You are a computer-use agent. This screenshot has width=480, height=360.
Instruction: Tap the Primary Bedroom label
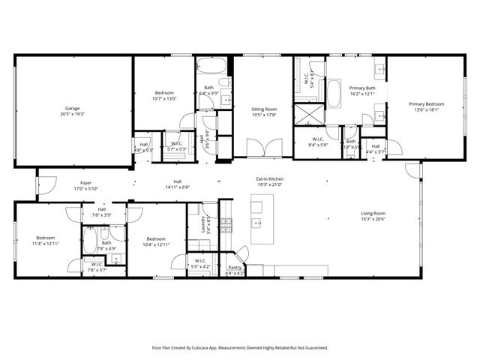426,104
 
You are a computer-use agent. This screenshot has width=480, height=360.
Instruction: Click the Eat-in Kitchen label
269,179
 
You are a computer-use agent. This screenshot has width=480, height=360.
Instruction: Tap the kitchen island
262,220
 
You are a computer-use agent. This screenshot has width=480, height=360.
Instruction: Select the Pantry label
235,267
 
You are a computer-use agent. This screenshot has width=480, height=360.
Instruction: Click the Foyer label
86,183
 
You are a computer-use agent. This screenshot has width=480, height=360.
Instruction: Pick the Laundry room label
202,223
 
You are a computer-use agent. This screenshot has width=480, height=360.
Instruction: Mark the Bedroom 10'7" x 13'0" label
163,92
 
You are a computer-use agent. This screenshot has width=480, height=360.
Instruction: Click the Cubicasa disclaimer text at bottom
240,348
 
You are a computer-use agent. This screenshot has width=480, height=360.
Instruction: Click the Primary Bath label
356,88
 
